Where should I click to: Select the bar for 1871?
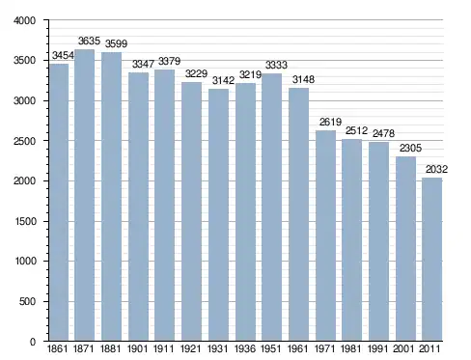point(84,195)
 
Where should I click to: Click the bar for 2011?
point(432,260)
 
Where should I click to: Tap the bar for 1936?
point(245,211)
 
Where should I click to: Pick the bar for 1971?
point(325,235)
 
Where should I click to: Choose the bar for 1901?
point(138,207)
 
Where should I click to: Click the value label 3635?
point(89,41)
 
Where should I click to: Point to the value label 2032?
point(436,169)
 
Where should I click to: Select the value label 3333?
point(276,65)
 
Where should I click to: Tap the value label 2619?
point(330,122)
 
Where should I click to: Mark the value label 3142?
point(223,80)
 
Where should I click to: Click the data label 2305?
point(410,148)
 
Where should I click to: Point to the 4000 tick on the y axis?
point(24,20)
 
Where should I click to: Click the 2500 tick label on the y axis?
point(24,141)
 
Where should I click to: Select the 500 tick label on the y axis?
point(27,301)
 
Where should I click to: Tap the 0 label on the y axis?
point(33,342)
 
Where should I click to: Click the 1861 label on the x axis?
point(58,348)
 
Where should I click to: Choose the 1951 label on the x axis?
point(270,348)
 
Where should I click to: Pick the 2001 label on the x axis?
point(403,348)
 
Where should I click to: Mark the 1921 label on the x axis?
point(191,348)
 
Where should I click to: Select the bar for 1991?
point(378,241)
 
